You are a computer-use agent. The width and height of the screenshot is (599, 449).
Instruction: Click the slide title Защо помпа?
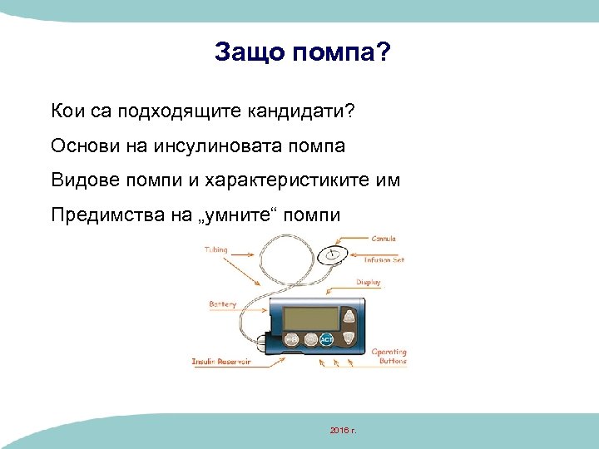click(x=301, y=52)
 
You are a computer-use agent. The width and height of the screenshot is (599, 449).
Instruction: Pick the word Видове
click(x=79, y=180)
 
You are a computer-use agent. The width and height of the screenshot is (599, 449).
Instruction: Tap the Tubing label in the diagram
click(x=215, y=249)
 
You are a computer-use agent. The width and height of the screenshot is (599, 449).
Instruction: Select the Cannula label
click(x=384, y=239)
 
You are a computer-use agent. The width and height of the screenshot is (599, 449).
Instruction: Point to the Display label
click(x=368, y=283)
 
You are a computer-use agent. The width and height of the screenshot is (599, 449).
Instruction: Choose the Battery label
click(x=222, y=304)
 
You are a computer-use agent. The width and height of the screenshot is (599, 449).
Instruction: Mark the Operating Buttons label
click(x=389, y=357)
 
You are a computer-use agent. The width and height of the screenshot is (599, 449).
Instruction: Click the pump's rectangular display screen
click(x=309, y=318)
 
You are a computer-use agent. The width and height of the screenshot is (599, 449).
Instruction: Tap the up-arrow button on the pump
click(x=350, y=318)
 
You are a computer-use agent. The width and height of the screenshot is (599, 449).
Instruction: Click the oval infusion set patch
click(x=333, y=255)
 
